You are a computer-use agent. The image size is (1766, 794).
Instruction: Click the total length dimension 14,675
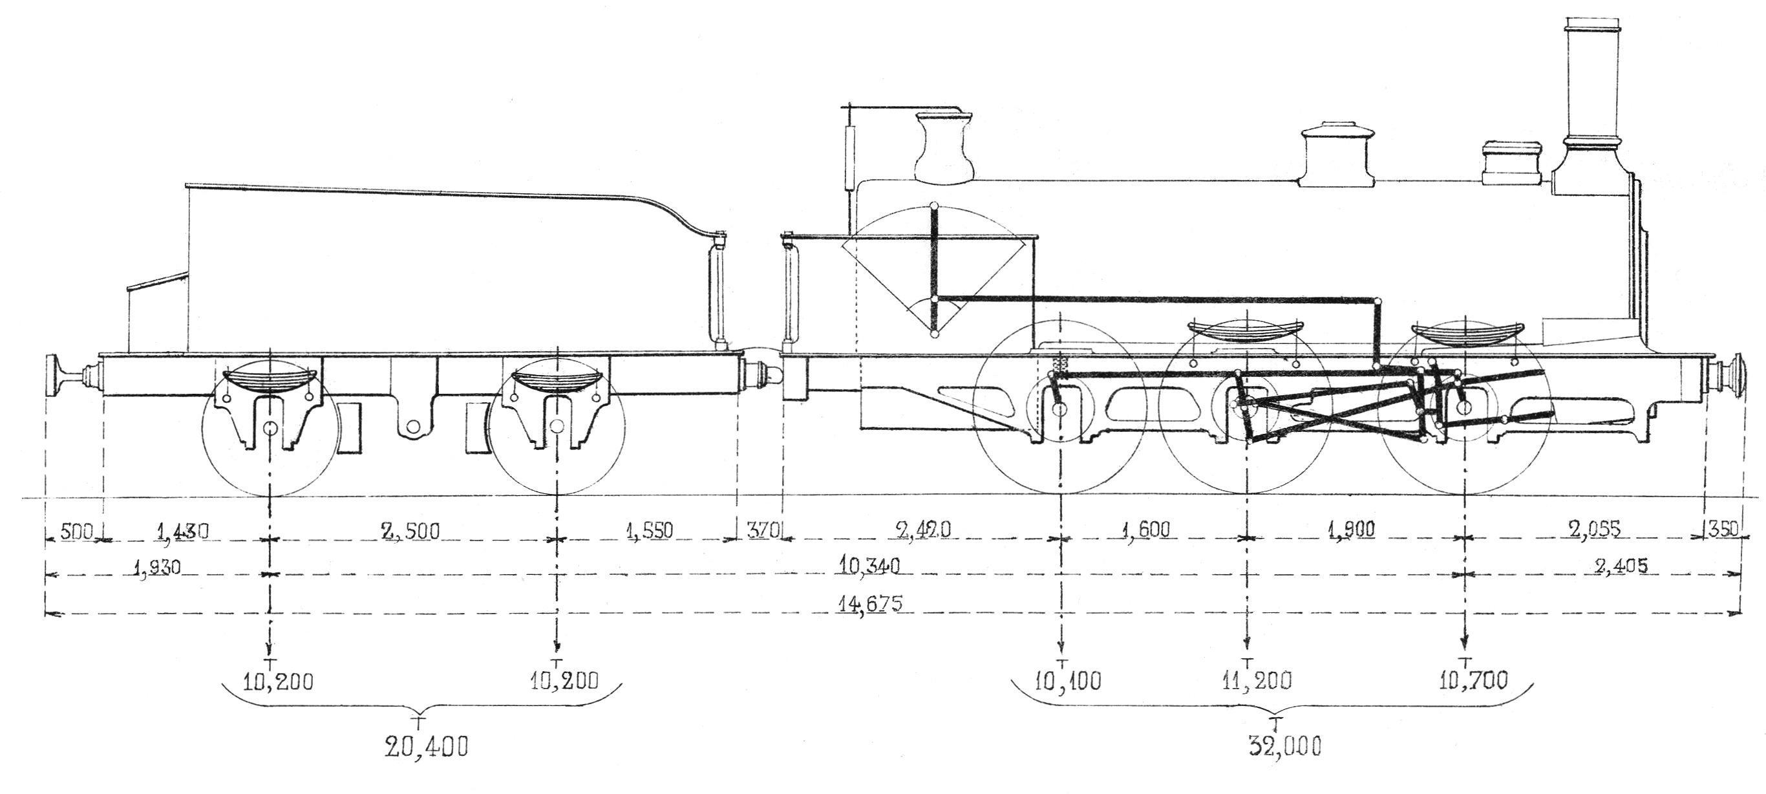pyautogui.click(x=870, y=604)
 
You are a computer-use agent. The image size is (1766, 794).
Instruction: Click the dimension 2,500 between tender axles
pyautogui.click(x=409, y=531)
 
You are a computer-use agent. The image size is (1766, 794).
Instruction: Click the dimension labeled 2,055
pyautogui.click(x=1593, y=530)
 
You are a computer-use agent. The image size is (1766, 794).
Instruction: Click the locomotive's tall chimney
pyautogui.click(x=1588, y=96)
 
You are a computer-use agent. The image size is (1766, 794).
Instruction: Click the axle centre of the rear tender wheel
pyautogui.click(x=271, y=428)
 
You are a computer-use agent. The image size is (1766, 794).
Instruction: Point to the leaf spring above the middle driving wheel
pyautogui.click(x=1244, y=332)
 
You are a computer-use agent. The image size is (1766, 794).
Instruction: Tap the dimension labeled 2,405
pyautogui.click(x=1621, y=566)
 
